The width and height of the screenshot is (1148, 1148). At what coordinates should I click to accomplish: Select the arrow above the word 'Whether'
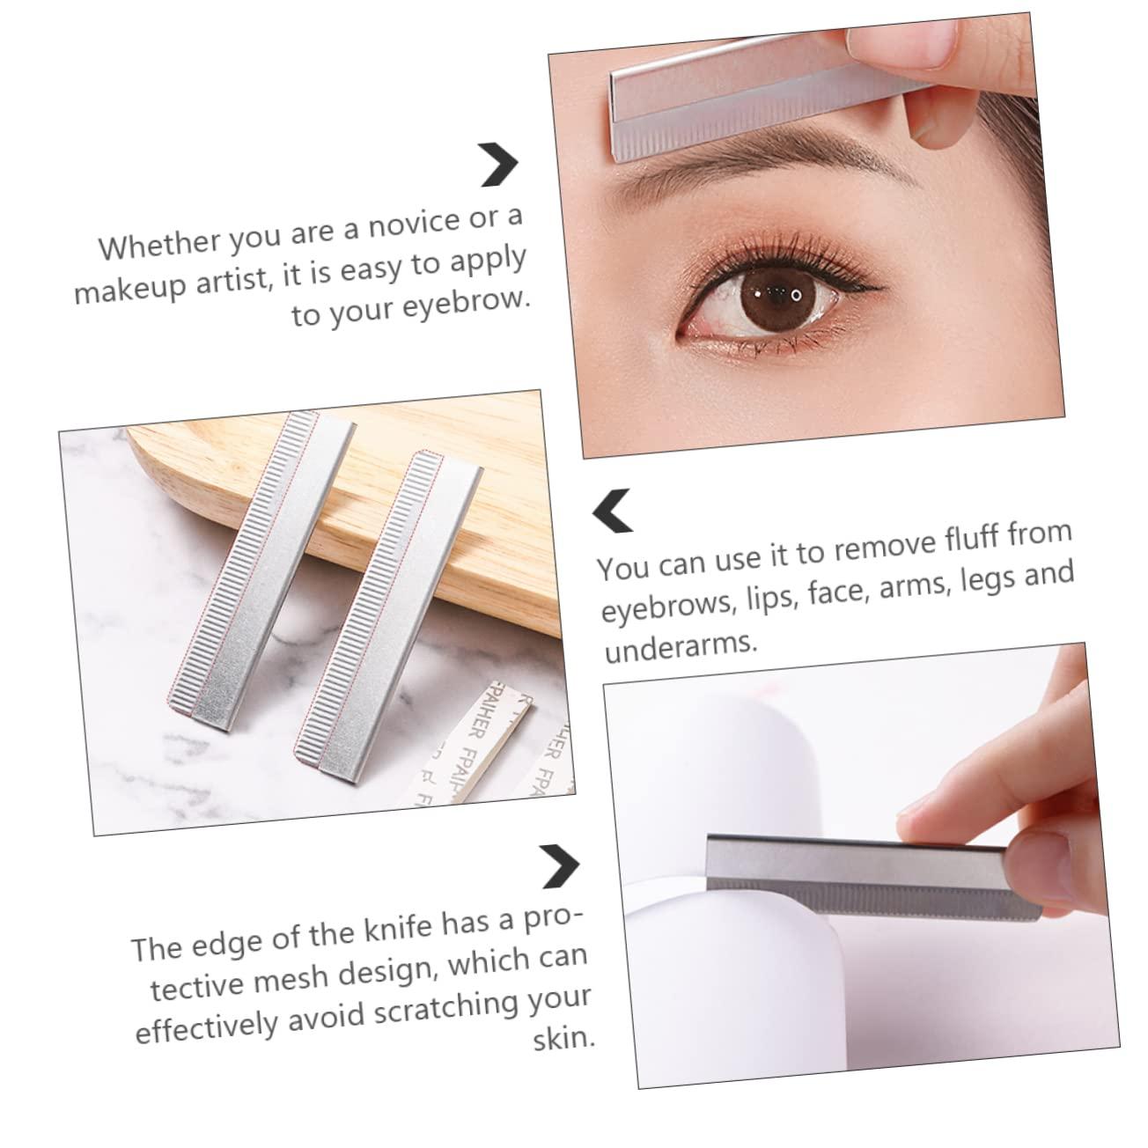pos(499,164)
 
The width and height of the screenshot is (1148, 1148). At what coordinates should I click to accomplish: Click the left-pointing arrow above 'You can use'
pos(613,511)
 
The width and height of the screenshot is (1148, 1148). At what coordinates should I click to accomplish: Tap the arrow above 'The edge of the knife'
pos(560,865)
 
